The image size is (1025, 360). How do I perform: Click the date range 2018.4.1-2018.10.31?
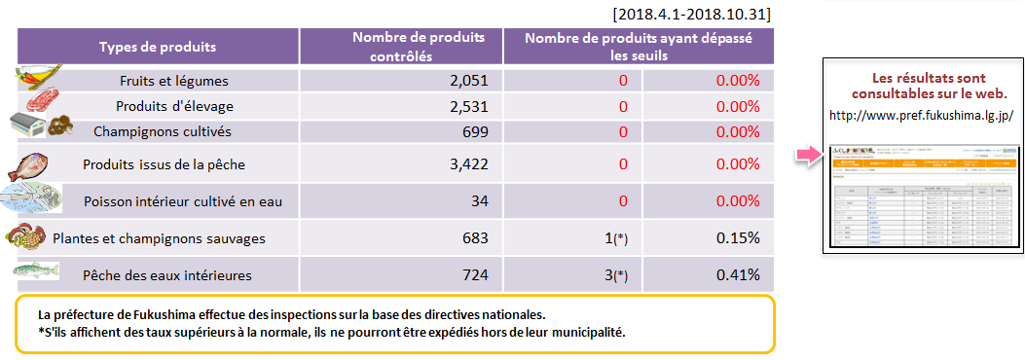point(693,15)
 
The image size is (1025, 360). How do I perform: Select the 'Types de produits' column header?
point(158,47)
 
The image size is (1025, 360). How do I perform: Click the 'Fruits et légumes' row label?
point(173,81)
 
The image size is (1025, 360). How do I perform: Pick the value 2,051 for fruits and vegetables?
point(468,81)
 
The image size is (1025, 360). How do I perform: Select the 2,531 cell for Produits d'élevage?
point(468,106)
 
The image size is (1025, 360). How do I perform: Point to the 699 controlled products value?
point(474,131)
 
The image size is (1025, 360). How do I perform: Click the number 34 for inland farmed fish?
point(479,200)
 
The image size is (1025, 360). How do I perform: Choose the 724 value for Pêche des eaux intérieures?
point(474,275)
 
